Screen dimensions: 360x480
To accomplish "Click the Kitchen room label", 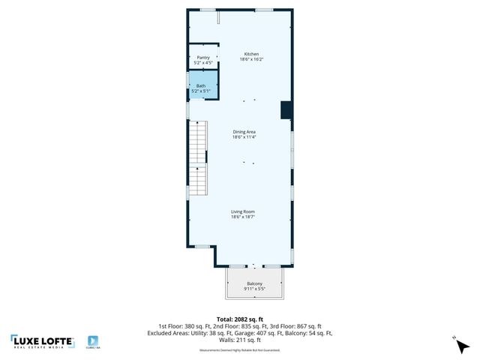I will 251,54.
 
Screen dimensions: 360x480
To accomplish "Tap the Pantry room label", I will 203,57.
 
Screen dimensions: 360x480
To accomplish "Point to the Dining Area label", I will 244,132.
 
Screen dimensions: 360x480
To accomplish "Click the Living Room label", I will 244,212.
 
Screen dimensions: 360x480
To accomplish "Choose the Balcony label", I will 255,283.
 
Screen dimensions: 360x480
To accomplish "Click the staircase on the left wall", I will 196,157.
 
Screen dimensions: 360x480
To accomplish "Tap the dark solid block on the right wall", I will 286,109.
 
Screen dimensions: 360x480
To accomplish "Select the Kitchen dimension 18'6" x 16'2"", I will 251,59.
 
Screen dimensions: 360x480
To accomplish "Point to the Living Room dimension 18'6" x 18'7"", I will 244,217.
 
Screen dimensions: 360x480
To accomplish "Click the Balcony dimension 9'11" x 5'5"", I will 255,289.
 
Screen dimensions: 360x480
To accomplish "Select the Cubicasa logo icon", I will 94,341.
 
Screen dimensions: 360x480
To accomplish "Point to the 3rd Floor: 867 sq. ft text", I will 297,326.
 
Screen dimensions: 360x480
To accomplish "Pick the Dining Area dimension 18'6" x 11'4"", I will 244,137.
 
